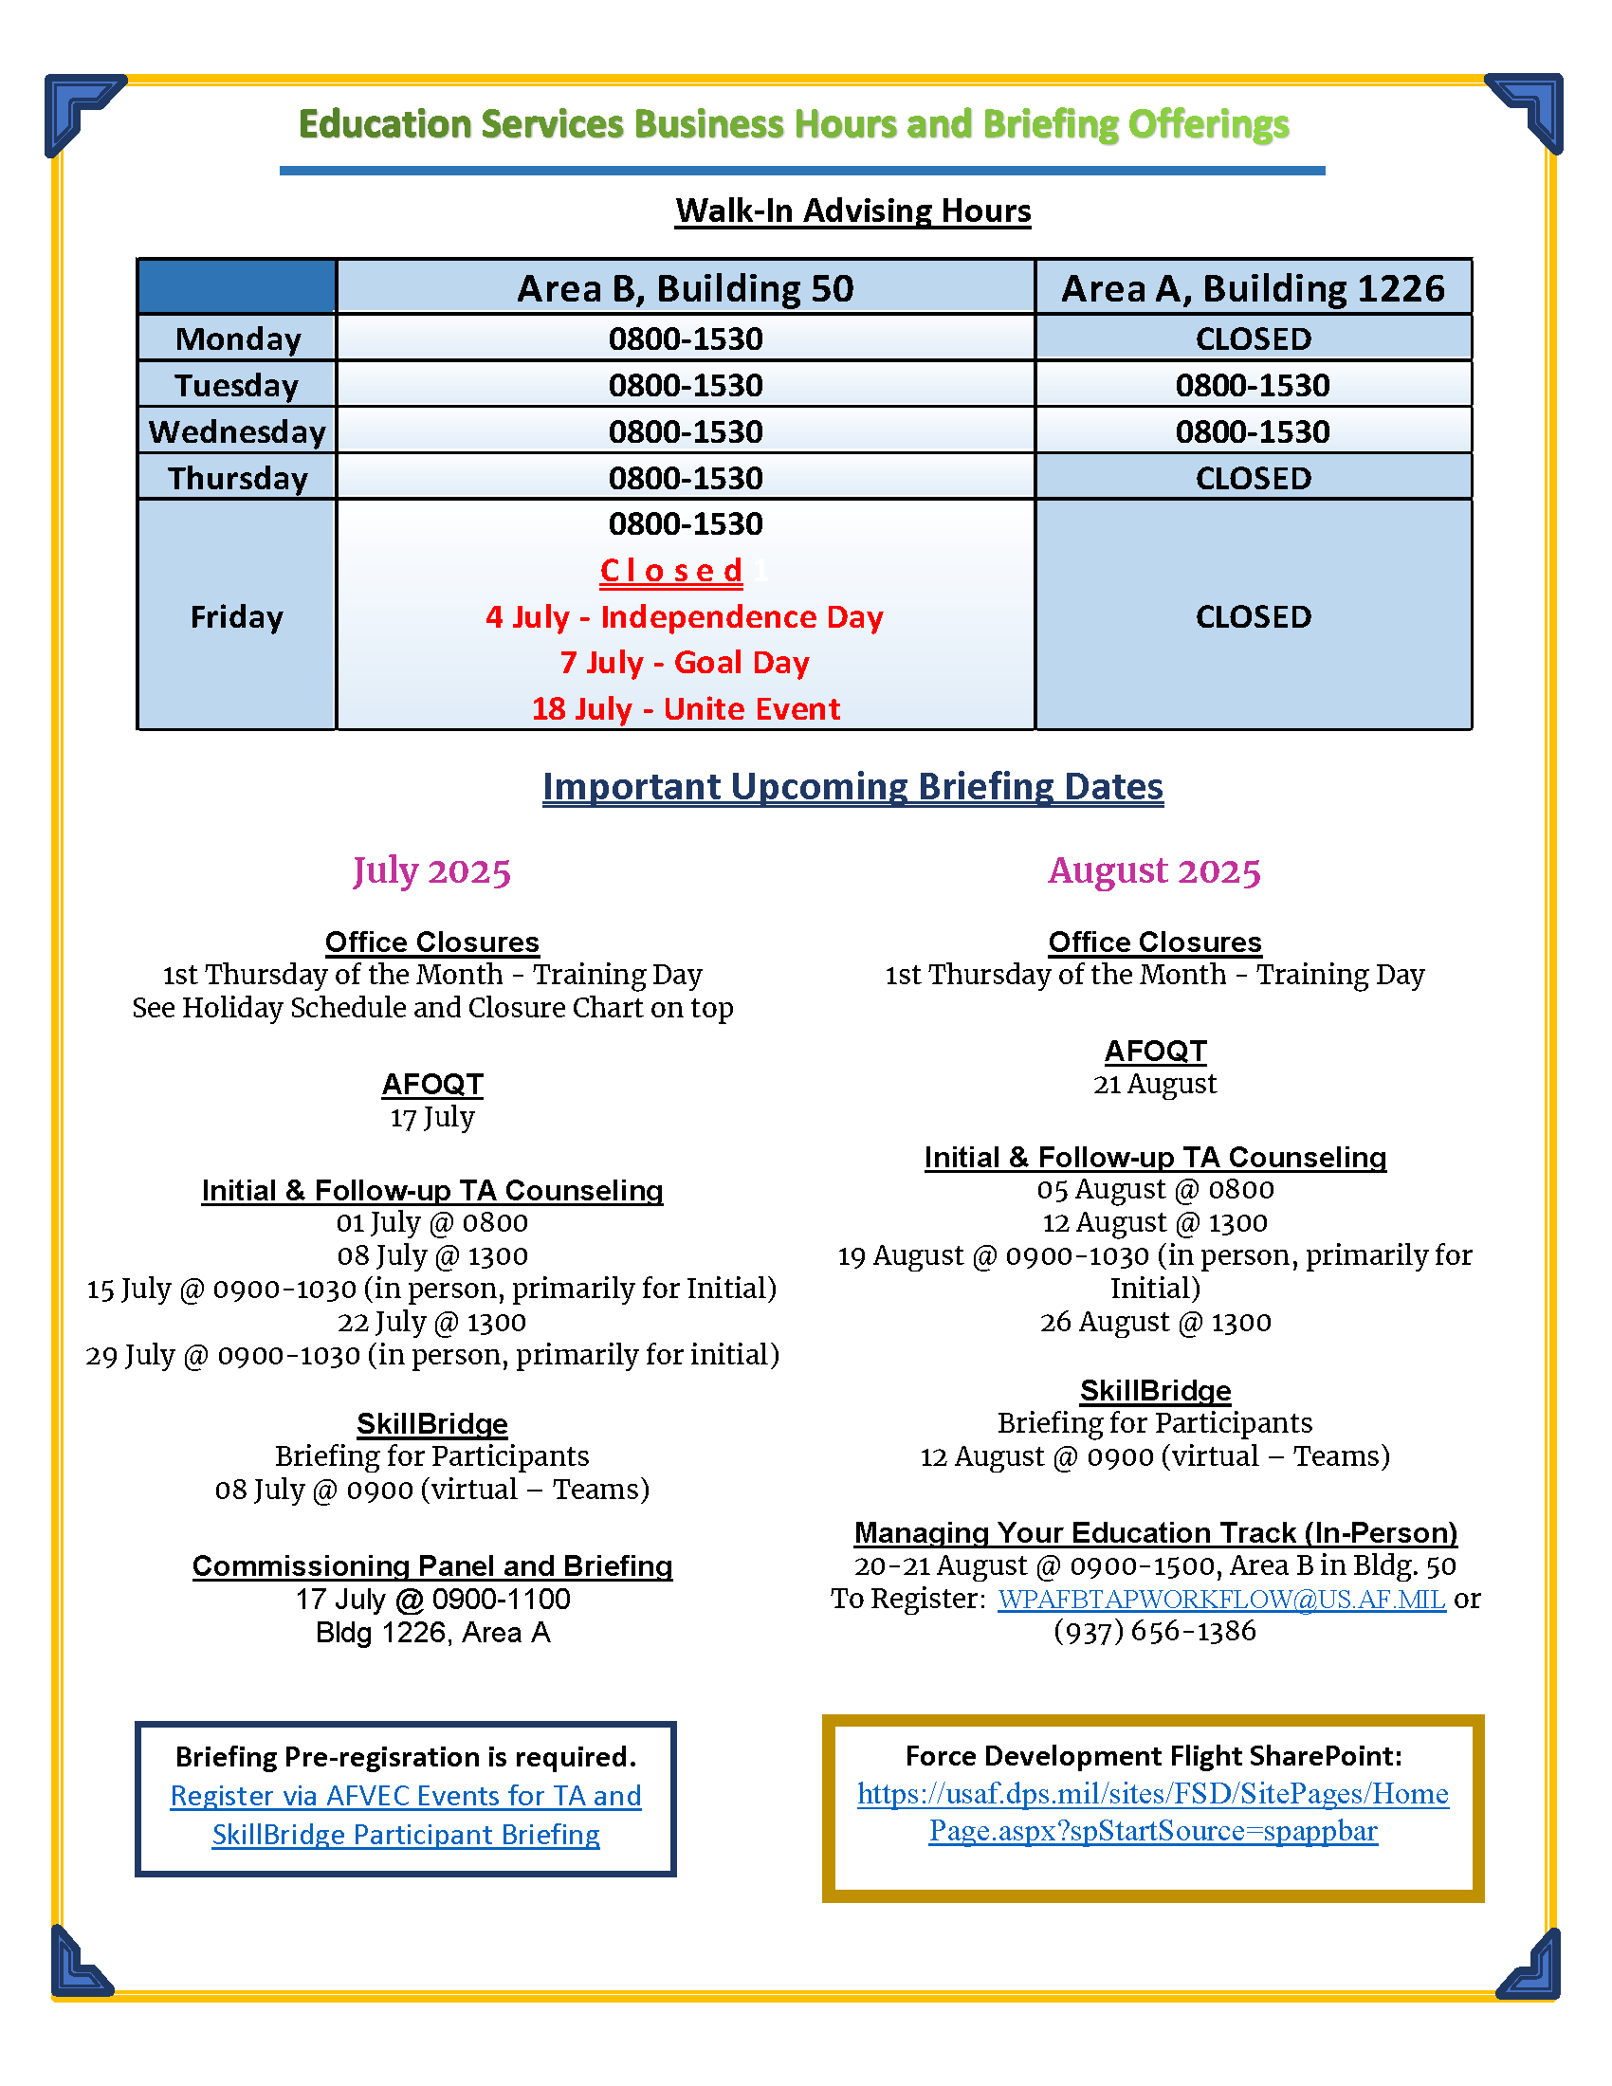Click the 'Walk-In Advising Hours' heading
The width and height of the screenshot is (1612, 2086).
[852, 211]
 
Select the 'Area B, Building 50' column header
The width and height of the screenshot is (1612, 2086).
[685, 288]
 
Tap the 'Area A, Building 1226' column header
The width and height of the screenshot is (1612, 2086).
[1253, 288]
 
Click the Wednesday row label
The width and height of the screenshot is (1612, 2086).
[237, 431]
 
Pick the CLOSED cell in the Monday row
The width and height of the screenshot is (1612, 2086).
[1253, 339]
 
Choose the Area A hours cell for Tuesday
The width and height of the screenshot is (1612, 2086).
[1252, 386]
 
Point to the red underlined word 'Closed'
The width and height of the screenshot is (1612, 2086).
[671, 570]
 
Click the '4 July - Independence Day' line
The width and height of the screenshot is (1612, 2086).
[685, 617]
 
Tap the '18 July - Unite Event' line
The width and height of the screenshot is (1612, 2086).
[686, 708]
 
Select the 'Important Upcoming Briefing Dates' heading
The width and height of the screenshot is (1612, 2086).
[852, 787]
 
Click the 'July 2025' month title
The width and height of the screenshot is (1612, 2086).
[431, 871]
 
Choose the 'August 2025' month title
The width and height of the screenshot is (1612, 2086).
[1155, 871]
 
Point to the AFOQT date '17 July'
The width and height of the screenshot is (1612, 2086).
[431, 1118]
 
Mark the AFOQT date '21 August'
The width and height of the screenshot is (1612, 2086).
[1155, 1084]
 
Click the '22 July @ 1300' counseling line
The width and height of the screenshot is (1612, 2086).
[431, 1322]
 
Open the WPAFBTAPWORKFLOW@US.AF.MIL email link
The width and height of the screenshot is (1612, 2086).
[1221, 1599]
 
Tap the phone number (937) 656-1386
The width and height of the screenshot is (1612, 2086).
[1155, 1632]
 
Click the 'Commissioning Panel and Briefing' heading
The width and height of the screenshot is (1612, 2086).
[431, 1566]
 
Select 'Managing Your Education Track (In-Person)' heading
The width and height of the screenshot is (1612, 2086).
[1156, 1533]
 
